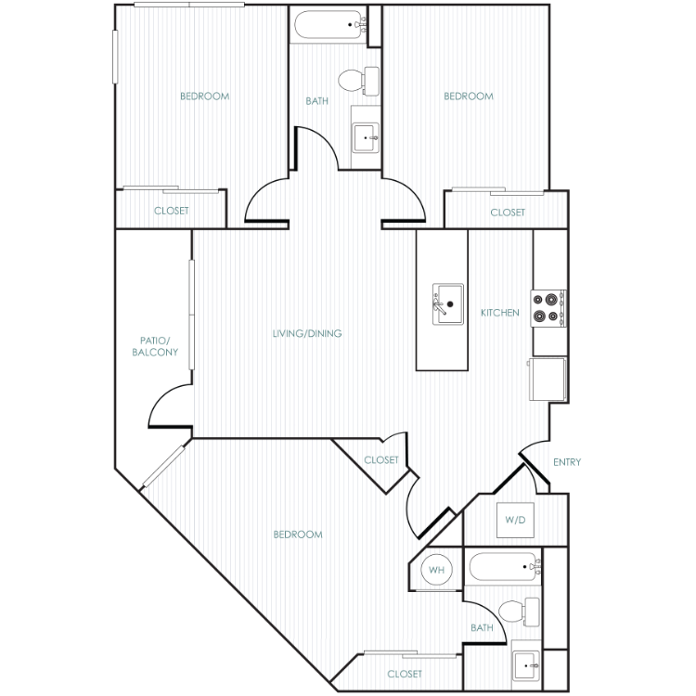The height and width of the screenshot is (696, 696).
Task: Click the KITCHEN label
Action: [500, 313]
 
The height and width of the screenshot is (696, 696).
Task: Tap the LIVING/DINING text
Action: [307, 333]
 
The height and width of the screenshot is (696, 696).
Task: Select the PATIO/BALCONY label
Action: [155, 346]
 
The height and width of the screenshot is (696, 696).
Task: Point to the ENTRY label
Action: [567, 462]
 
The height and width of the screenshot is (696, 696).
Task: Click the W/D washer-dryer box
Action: [515, 520]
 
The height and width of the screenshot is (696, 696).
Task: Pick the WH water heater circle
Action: [437, 570]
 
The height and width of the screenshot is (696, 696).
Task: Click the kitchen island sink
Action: [448, 304]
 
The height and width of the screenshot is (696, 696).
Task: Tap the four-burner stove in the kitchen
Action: [548, 308]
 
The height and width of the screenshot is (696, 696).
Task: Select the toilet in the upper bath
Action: [358, 81]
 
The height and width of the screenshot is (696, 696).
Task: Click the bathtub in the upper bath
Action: [329, 25]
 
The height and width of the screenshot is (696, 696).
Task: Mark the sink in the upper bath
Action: [366, 137]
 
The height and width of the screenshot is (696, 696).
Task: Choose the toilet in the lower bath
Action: [519, 612]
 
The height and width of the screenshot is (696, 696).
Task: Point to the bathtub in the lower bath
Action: [504, 566]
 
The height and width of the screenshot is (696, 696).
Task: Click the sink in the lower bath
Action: [526, 665]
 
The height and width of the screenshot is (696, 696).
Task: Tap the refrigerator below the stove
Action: [548, 379]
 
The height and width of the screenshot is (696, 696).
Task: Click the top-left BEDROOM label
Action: [205, 97]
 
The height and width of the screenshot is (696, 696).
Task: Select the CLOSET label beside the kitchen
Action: [508, 213]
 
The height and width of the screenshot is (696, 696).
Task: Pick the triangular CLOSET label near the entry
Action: [381, 460]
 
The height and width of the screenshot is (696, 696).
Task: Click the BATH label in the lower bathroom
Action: [482, 627]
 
